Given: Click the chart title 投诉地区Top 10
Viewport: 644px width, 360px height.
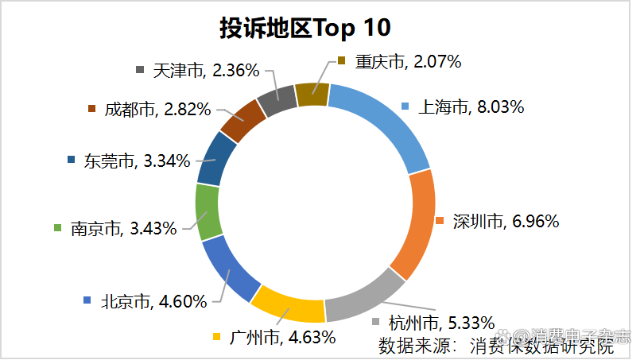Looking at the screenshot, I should click(305, 28).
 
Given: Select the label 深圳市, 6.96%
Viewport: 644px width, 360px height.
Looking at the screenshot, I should click(506, 221).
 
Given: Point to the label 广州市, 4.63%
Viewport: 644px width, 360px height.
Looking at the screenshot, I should click(281, 336).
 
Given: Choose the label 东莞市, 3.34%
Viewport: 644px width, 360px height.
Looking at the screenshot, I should click(137, 161).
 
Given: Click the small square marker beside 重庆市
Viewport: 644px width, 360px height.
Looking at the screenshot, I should click(341, 61).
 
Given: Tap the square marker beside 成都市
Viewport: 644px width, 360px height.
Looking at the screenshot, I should click(91, 109).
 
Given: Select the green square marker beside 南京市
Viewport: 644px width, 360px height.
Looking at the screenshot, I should click(57, 229).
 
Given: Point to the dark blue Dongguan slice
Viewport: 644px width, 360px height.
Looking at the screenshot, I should click(216, 158).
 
